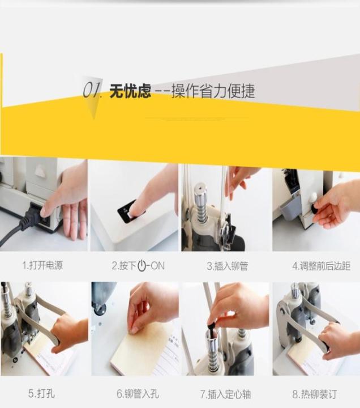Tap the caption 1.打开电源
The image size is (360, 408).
click(x=42, y=265)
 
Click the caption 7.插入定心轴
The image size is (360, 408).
click(x=226, y=393)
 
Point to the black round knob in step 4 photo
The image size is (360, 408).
click(x=315, y=210)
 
